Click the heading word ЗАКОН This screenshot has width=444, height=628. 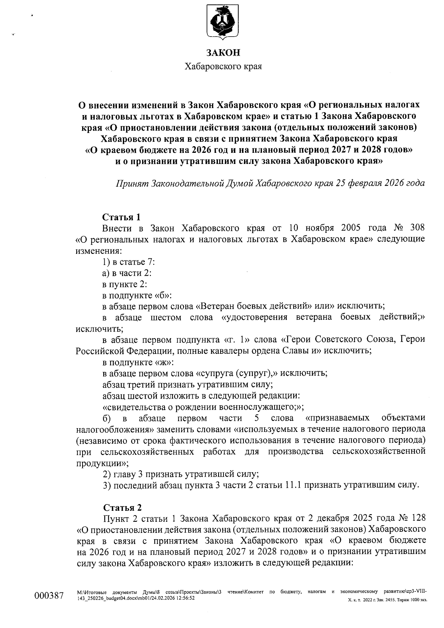[223, 53]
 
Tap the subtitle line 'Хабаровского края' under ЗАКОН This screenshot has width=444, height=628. [223, 67]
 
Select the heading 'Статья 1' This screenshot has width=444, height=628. [121, 217]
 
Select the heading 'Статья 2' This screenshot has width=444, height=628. [122, 507]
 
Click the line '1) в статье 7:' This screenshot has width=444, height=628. [128, 262]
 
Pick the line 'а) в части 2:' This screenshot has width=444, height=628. [127, 273]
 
